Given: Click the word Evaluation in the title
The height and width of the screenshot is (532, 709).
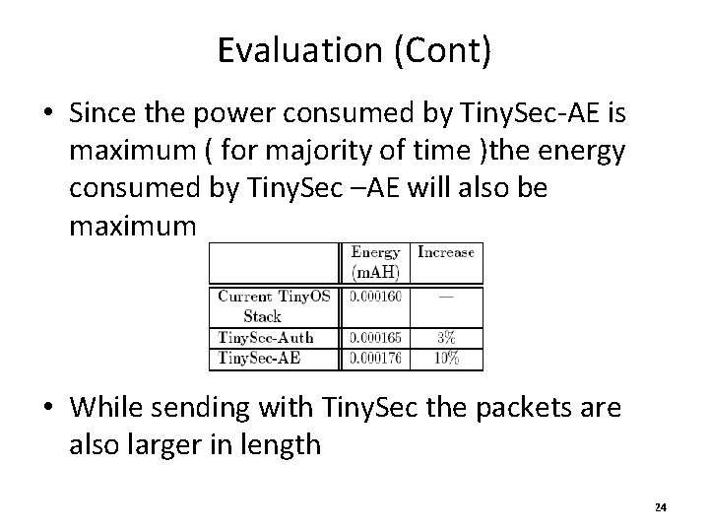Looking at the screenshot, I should (280, 49).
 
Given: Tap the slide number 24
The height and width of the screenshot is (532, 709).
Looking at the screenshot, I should (660, 507).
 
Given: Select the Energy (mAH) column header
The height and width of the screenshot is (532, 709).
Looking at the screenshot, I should (375, 262).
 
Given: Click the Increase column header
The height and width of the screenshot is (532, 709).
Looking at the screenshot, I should (446, 252).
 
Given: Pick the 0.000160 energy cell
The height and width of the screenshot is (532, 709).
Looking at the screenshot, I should (375, 296).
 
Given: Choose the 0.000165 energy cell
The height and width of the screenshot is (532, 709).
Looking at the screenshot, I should (375, 338).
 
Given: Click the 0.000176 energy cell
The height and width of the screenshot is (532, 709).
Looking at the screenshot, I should (375, 358).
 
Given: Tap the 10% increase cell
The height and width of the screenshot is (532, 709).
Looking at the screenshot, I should (446, 358).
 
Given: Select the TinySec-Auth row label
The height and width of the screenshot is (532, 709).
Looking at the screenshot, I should (266, 338).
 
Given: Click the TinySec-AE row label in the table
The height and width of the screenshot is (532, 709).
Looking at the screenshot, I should (258, 358).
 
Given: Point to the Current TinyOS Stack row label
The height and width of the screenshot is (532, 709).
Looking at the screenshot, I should (273, 304).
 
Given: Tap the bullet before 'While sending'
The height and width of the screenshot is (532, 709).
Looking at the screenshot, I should (48, 407).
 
